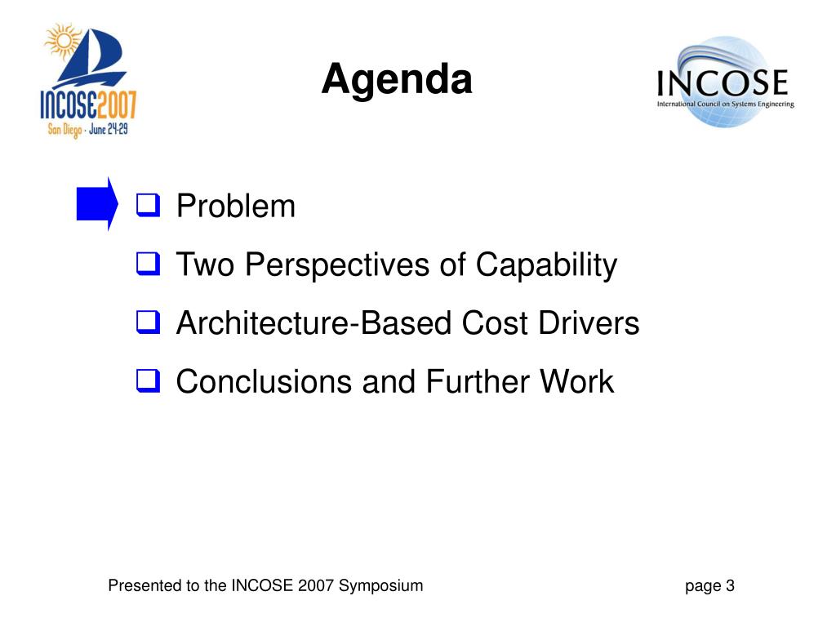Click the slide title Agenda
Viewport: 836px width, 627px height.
[397, 80]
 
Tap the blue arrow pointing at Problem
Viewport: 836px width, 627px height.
[97, 203]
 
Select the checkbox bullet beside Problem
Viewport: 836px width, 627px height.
[149, 205]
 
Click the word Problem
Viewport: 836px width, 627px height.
[236, 206]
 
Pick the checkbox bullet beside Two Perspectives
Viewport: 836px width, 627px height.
[149, 264]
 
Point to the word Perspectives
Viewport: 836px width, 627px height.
[337, 265]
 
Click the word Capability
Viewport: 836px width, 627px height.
[546, 265]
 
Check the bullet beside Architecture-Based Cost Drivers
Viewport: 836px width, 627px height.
[149, 322]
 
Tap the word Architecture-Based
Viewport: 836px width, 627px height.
[314, 322]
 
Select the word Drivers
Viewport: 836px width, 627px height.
[589, 322]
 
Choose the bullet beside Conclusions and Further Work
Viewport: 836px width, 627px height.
[149, 380]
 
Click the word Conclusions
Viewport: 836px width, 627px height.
[264, 381]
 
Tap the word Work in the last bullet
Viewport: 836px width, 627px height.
[577, 381]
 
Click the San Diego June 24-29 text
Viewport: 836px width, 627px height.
[88, 130]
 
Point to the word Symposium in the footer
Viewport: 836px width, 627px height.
[380, 586]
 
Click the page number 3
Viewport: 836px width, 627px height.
[730, 585]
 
